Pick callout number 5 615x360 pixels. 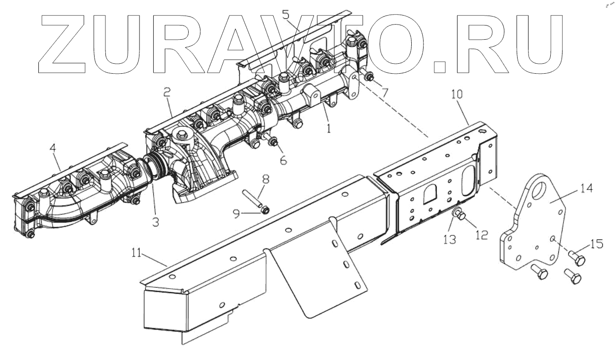click(286, 14)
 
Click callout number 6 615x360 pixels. click(283, 160)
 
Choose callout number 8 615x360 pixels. click(266, 180)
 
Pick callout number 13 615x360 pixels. click(450, 240)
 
